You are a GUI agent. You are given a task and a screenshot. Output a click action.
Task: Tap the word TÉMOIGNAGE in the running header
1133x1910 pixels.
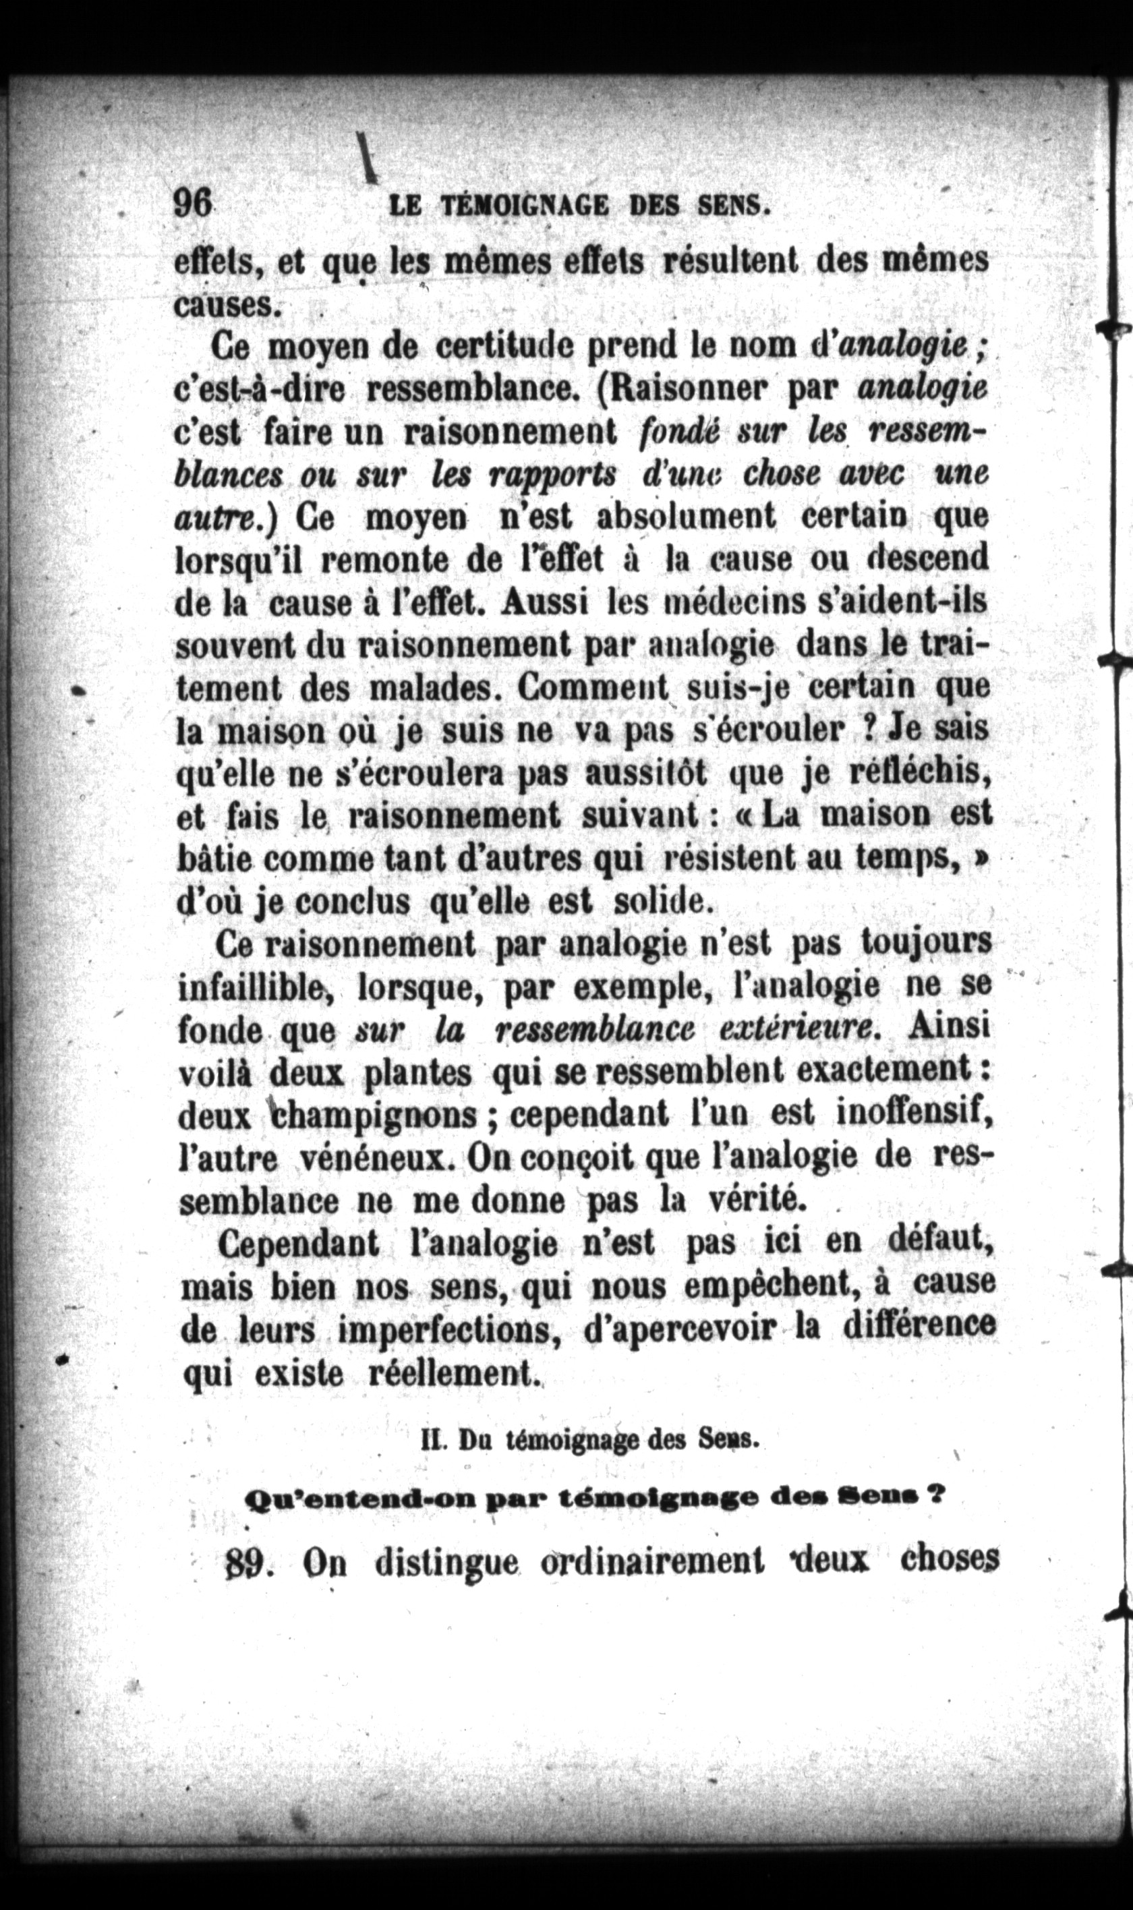click(526, 206)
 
